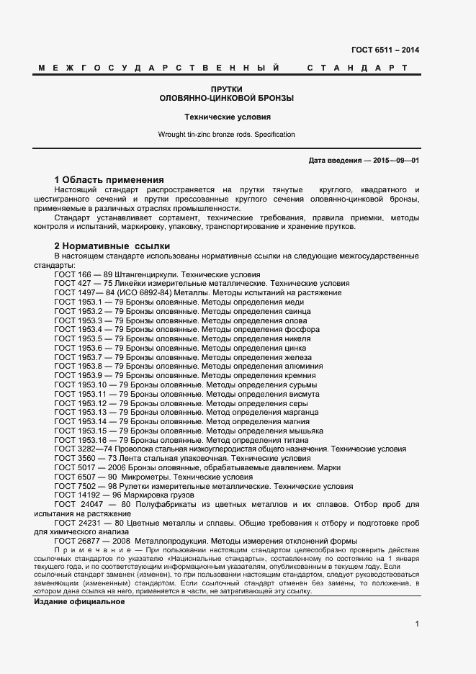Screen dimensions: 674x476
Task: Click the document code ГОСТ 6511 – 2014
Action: coord(385,50)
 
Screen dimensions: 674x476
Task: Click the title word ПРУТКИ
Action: coord(227,89)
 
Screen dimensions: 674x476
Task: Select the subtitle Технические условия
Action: coord(227,116)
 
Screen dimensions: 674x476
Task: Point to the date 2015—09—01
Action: coord(395,161)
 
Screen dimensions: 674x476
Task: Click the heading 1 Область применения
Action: coord(109,179)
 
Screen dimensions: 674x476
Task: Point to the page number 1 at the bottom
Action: coord(417,624)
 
